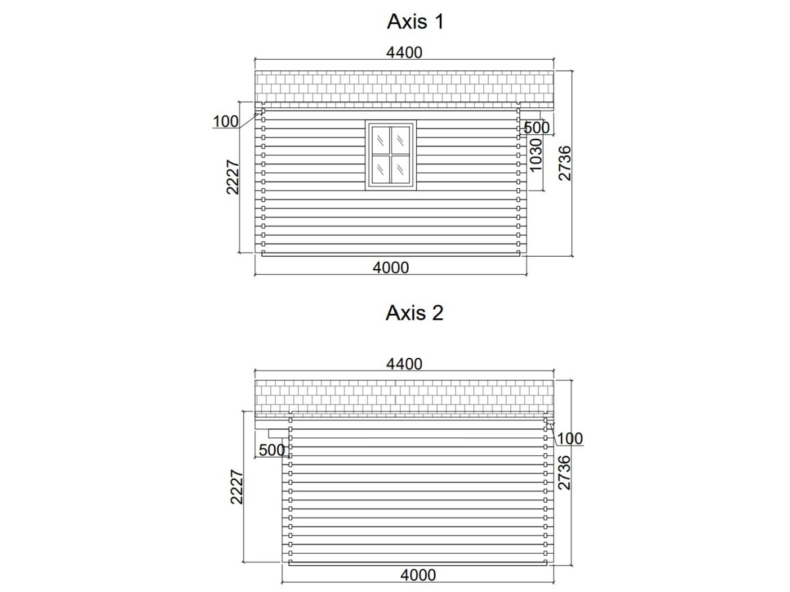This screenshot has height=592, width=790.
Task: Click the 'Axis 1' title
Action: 415,22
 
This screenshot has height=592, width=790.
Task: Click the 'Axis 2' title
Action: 414,312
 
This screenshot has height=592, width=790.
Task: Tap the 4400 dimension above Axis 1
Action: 404,53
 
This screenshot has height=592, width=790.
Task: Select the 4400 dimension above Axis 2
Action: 404,364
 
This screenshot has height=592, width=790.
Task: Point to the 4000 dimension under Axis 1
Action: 390,268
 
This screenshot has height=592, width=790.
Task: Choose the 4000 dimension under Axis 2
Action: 418,575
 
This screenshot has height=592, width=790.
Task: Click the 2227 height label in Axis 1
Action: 232,177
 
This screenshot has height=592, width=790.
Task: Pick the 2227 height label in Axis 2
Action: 236,487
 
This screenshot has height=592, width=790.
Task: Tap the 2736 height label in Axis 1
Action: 565,163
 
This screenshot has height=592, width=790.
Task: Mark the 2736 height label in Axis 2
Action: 564,472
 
